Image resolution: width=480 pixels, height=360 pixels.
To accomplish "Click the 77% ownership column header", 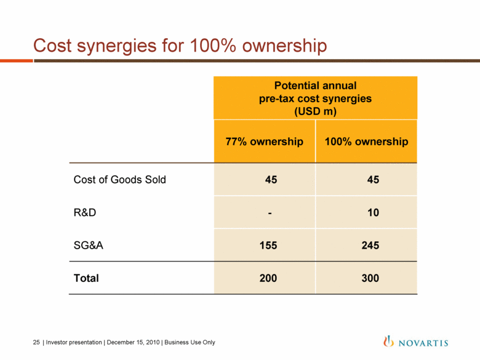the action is pyautogui.click(x=264, y=142).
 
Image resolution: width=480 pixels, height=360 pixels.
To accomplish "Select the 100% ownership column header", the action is pyautogui.click(x=366, y=142).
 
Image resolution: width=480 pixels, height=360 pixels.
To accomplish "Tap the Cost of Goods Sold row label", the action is pyautogui.click(x=120, y=180).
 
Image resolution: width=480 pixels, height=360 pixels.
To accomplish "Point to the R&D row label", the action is pyautogui.click(x=85, y=212).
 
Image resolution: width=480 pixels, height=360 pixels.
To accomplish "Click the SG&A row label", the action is pyautogui.click(x=88, y=245).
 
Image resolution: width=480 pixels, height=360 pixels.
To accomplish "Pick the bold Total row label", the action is pyautogui.click(x=86, y=278).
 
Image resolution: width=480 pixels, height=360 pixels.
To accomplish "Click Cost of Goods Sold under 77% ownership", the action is pyautogui.click(x=271, y=180).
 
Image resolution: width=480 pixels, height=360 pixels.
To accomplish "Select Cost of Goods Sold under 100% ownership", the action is pyautogui.click(x=373, y=180).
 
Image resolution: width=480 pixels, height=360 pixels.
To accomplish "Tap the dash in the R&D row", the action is pyautogui.click(x=270, y=213).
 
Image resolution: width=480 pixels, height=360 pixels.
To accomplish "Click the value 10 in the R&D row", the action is pyautogui.click(x=373, y=212).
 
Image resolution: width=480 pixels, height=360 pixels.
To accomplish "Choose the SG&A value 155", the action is pyautogui.click(x=268, y=245).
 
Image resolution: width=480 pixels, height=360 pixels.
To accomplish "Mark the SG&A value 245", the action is pyautogui.click(x=370, y=245).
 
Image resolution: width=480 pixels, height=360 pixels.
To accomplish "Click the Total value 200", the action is pyautogui.click(x=268, y=278).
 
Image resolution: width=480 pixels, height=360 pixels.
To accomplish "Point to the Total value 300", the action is pyautogui.click(x=370, y=278).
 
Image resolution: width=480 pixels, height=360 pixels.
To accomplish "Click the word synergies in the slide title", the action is pyautogui.click(x=117, y=47).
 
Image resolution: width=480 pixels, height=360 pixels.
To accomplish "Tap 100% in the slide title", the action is pyautogui.click(x=213, y=46).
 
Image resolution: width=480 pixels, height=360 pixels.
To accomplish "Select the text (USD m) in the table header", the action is pyautogui.click(x=315, y=111).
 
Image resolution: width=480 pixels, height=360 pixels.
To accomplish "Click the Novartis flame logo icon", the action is pyautogui.click(x=388, y=341).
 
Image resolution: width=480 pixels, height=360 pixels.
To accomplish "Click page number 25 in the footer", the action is pyautogui.click(x=36, y=342).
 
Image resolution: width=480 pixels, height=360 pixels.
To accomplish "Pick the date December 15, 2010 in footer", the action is pyautogui.click(x=133, y=342).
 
